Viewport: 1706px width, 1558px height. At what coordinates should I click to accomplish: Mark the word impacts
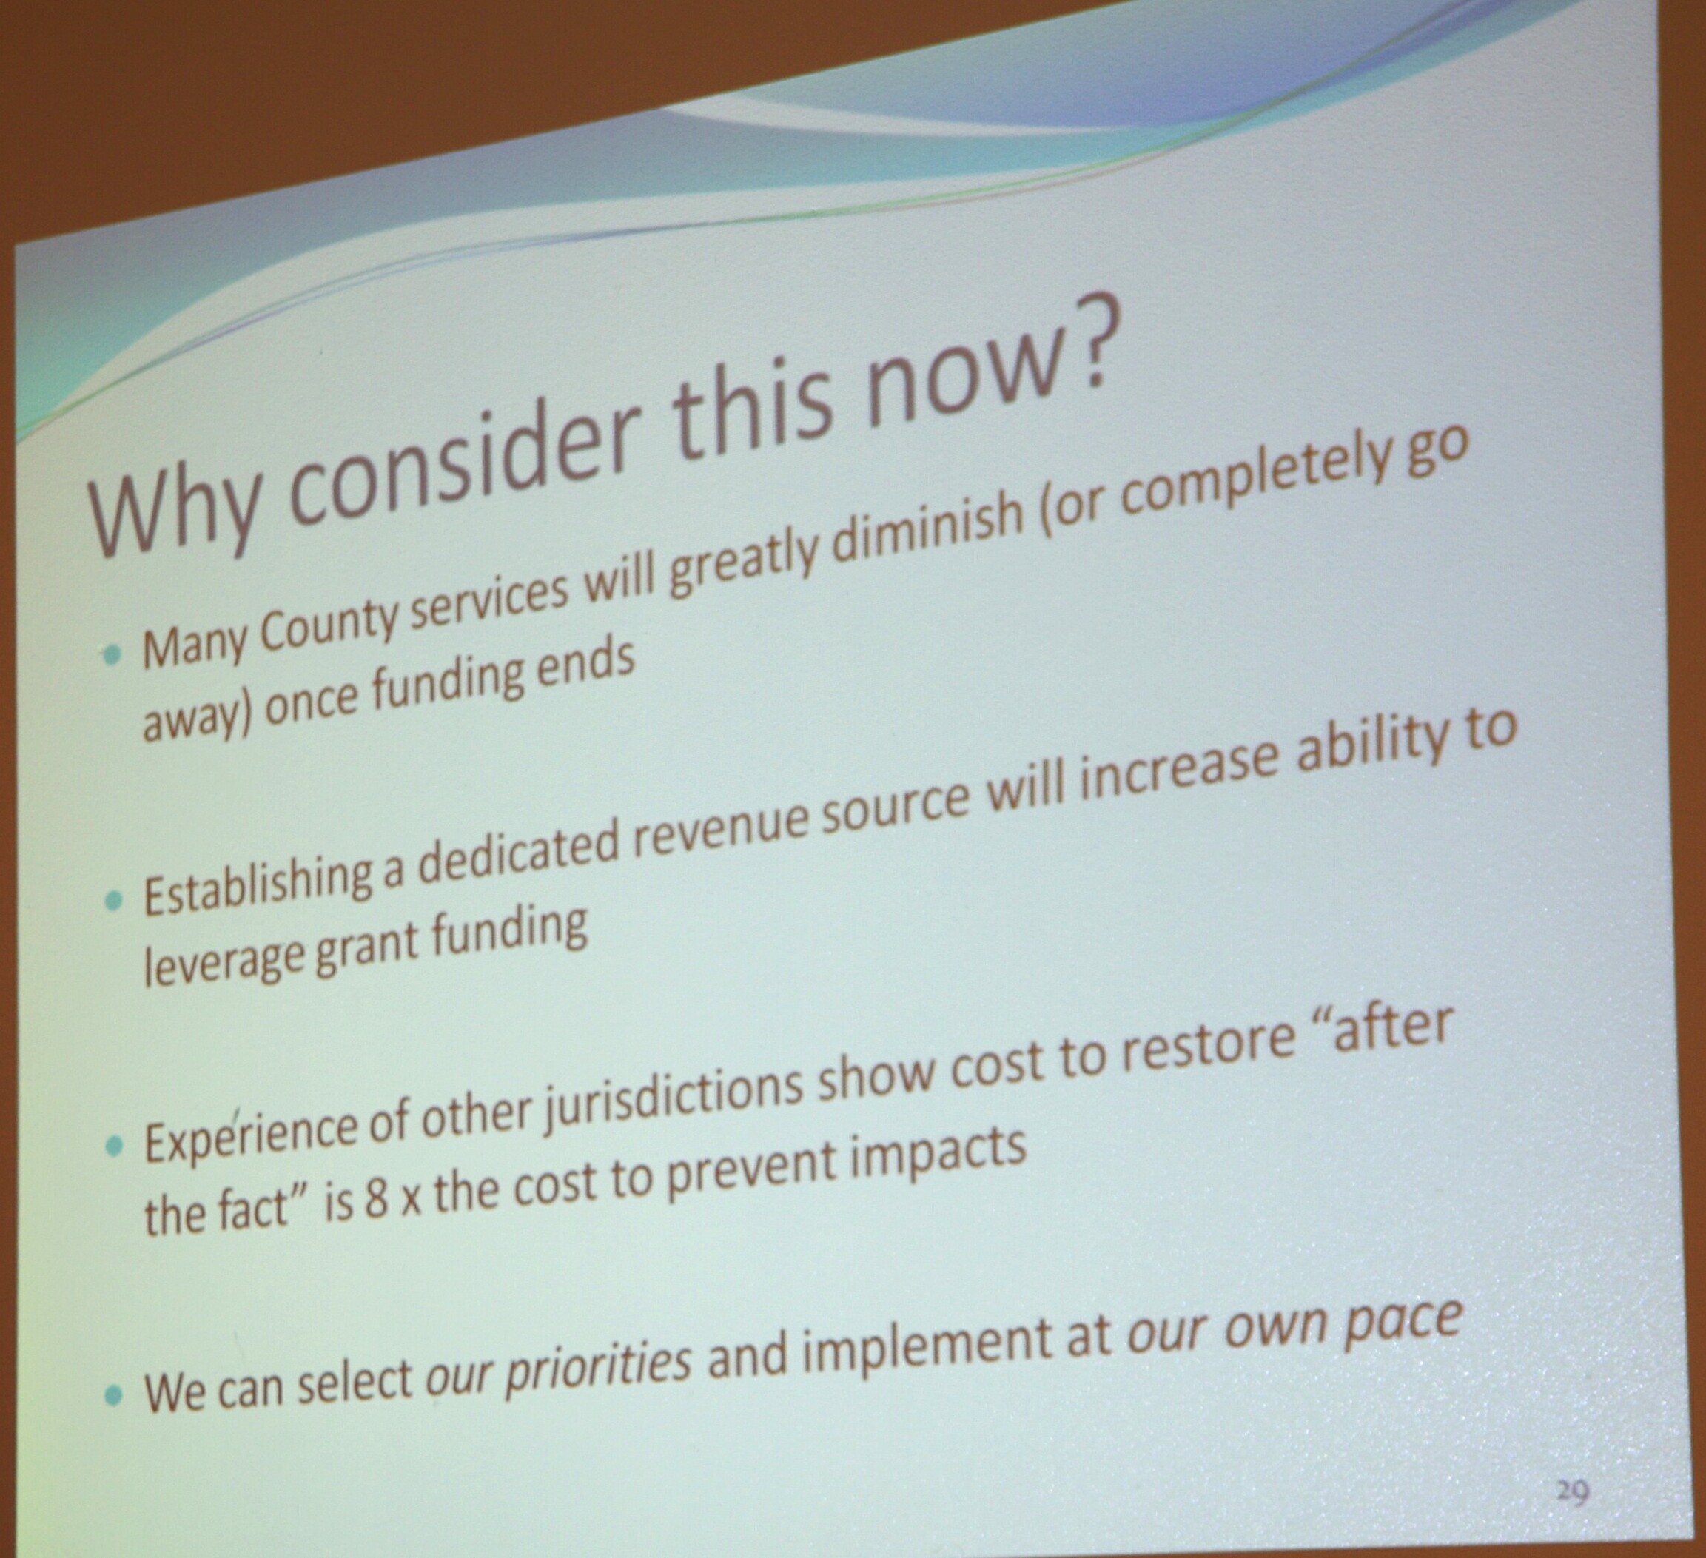tap(938, 1155)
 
